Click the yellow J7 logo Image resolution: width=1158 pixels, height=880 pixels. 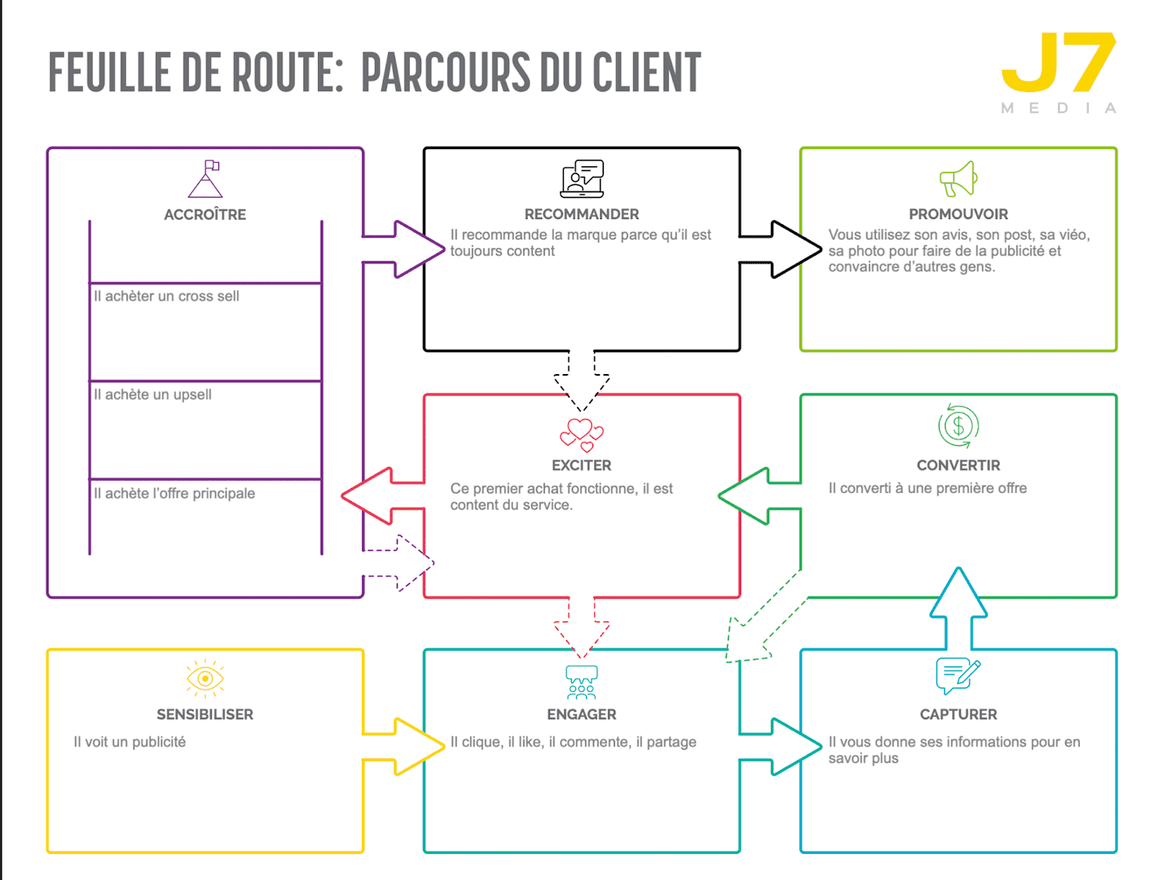tap(1058, 64)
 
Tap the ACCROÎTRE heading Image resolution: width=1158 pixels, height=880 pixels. tap(205, 214)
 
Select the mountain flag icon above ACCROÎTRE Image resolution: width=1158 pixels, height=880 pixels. tap(205, 179)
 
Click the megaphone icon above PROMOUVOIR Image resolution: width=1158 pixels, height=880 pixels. tap(958, 179)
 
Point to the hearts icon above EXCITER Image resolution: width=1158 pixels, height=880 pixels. tap(581, 434)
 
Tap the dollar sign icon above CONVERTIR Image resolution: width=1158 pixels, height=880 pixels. tap(958, 425)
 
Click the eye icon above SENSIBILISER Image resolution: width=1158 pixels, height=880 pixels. tap(205, 678)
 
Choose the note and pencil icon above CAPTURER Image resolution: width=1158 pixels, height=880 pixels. tap(958, 675)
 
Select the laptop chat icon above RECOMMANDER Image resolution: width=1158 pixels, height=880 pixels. tap(582, 179)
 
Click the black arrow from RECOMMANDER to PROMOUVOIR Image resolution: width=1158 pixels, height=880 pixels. tap(782, 249)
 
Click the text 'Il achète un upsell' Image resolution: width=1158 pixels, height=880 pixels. tap(152, 394)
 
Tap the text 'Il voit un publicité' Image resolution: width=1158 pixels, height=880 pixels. tap(130, 741)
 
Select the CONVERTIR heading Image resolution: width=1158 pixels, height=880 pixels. tap(958, 465)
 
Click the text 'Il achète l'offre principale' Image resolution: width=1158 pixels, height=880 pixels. tap(174, 493)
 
